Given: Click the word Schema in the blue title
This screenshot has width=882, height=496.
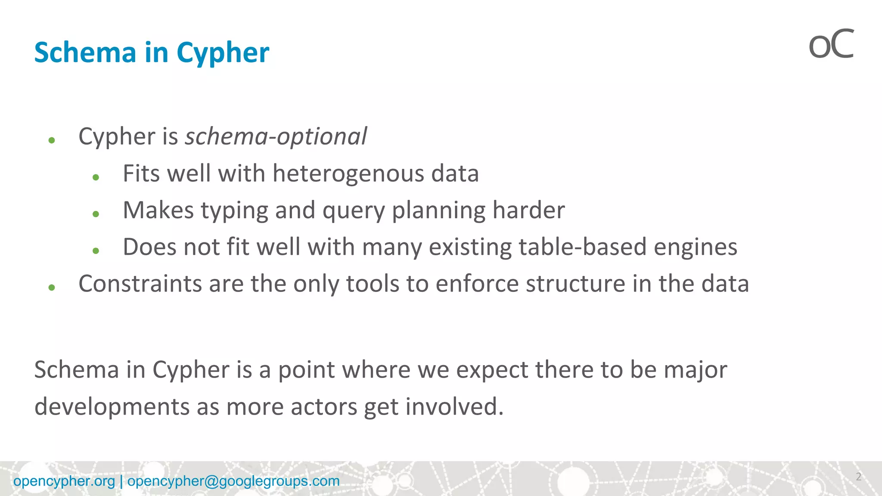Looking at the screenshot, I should (x=85, y=53).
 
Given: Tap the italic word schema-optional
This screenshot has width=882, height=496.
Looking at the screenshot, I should (x=276, y=137).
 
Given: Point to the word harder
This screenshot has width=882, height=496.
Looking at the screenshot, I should (x=528, y=211).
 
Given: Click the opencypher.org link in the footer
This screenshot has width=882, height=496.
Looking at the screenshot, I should (x=64, y=481).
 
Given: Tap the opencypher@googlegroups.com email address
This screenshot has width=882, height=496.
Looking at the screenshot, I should (x=233, y=481).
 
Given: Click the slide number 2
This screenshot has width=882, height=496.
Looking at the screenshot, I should (x=858, y=477).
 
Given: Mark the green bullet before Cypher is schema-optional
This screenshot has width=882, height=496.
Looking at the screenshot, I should (x=52, y=140).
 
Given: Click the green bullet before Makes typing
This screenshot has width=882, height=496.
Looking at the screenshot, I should (x=96, y=214).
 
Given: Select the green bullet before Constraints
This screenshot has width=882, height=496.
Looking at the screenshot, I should (x=52, y=287).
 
